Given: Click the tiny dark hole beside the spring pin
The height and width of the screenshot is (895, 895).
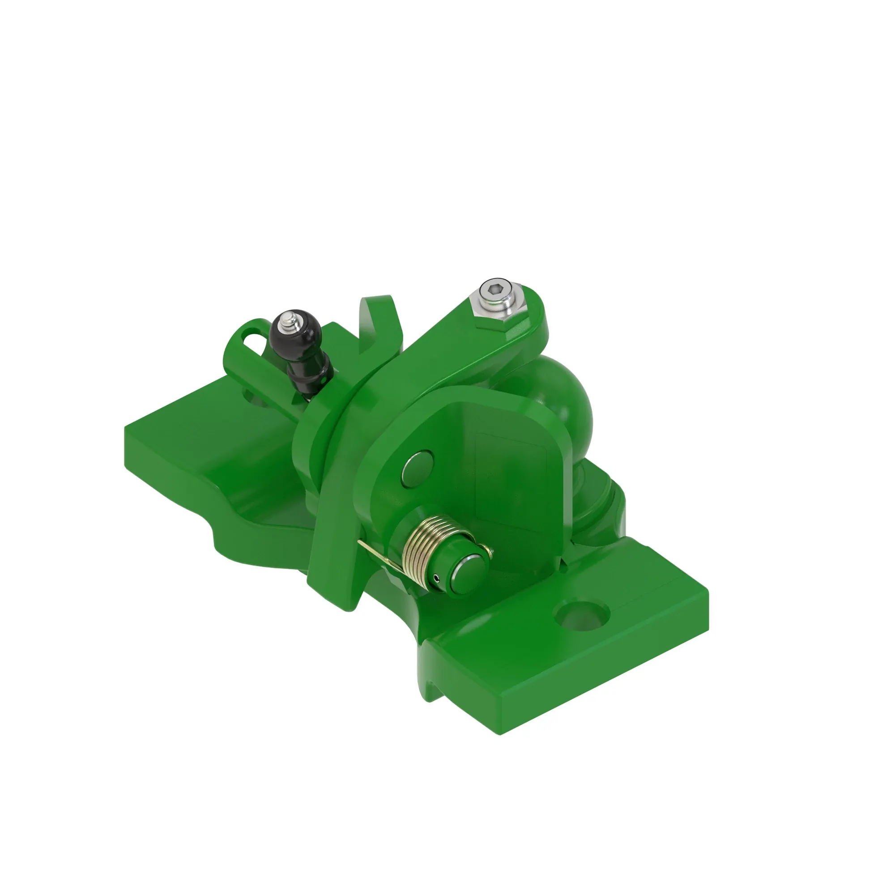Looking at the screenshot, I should [x=437, y=578].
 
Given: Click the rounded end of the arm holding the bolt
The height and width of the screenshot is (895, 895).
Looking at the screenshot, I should [x=533, y=320].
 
